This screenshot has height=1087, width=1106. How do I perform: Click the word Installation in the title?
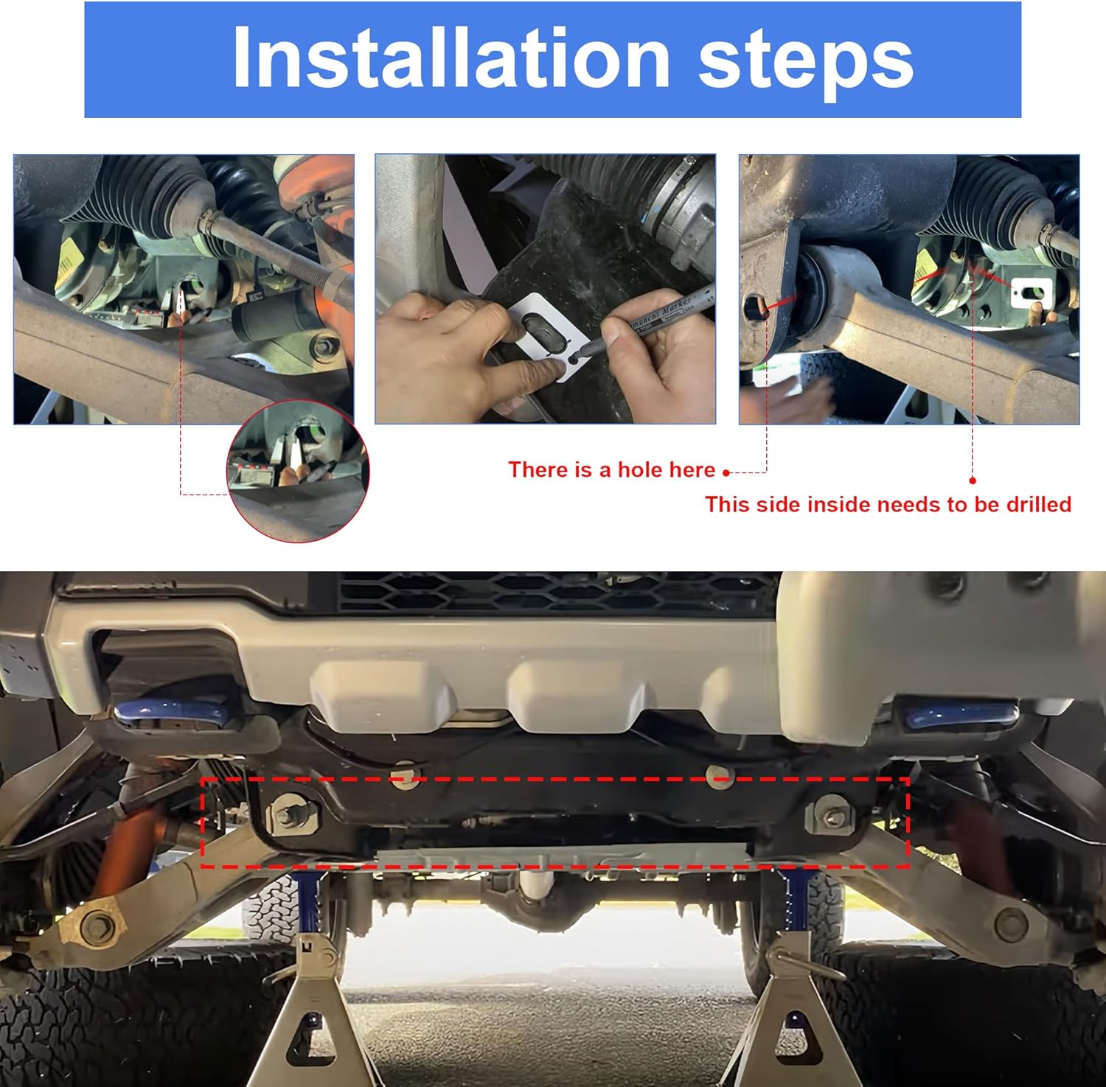451,58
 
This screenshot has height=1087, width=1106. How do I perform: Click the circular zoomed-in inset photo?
298,472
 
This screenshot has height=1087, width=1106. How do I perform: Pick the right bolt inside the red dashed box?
832,816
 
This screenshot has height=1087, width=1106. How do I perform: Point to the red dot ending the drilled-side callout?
973,480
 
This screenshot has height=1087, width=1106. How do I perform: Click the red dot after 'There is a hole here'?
726,473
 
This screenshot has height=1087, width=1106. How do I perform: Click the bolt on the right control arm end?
1010,921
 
